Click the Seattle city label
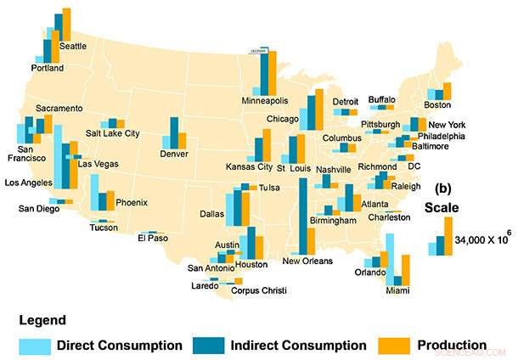point(72,47)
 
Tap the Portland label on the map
point(47,68)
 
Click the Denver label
point(173,154)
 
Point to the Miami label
point(396,291)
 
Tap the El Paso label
point(153,239)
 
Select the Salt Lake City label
point(113,133)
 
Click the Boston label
point(436,105)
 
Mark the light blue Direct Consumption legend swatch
point(37,346)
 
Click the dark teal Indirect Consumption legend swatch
point(207,346)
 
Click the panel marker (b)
point(443,188)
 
